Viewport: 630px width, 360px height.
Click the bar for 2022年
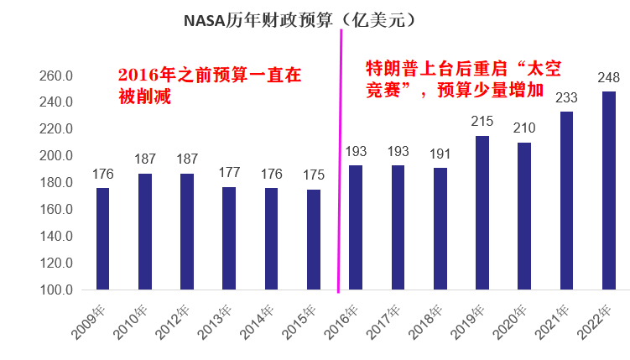tap(609, 190)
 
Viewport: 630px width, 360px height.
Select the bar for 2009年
tap(103, 239)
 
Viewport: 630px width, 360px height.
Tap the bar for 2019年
tap(482, 213)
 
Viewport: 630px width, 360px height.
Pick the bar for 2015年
tap(314, 239)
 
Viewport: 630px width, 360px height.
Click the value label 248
tap(609, 78)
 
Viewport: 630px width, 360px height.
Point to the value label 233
tap(567, 98)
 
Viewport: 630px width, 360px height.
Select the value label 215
tap(482, 123)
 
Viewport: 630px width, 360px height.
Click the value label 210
tap(524, 129)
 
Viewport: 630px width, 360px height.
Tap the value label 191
tap(440, 154)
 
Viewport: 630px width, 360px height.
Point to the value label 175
tap(314, 176)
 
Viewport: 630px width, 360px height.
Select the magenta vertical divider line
tap(341, 168)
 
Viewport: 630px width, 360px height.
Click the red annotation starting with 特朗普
tap(457, 78)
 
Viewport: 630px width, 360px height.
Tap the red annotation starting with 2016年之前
tap(209, 85)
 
